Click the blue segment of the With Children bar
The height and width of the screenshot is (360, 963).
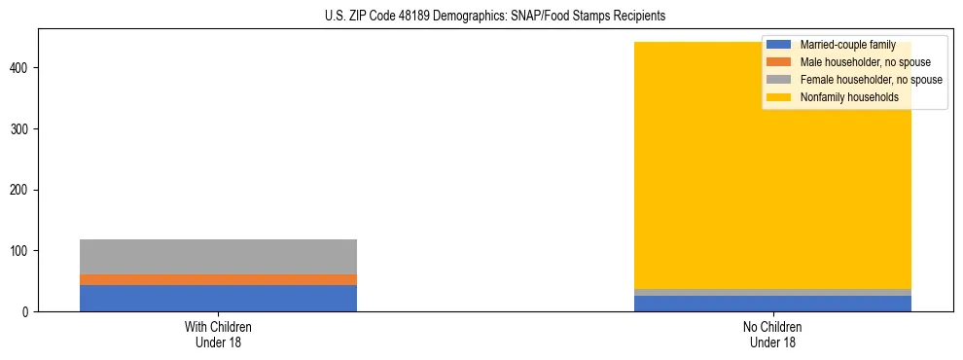tap(218, 298)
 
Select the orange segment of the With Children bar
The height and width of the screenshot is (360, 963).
tap(218, 280)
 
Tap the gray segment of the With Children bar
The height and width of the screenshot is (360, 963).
tap(218, 257)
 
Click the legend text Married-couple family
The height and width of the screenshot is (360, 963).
tap(847, 45)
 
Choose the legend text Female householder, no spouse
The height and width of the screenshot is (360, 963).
tap(871, 80)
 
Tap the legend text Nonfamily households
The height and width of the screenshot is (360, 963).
tap(842, 97)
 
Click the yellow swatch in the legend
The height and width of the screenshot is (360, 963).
tap(779, 97)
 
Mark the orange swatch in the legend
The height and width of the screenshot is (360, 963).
tap(779, 62)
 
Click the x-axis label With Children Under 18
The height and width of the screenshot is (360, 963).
tap(218, 334)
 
